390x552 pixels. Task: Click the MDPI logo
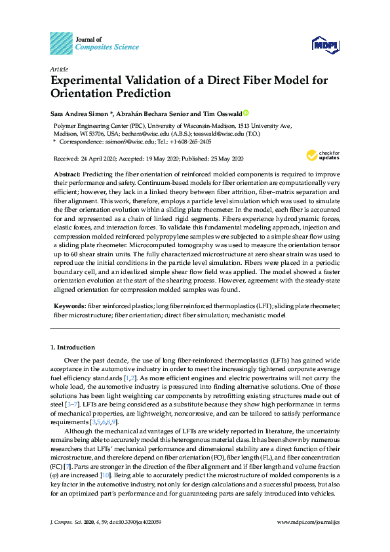click(325, 44)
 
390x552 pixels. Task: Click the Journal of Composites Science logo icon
click(61, 43)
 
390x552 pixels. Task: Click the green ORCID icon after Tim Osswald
click(246, 112)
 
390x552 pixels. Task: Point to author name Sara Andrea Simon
click(76, 113)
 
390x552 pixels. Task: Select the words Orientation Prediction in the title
click(110, 94)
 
